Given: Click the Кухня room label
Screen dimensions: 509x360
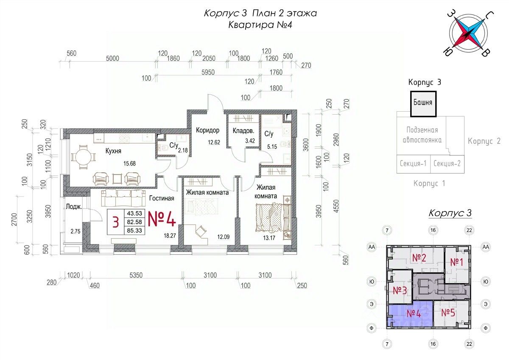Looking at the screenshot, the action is point(113,151).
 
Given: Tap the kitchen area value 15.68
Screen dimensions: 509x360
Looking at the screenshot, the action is point(129,163).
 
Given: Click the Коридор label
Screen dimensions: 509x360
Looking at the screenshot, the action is point(208,130).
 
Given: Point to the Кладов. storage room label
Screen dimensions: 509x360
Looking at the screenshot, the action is point(243,131).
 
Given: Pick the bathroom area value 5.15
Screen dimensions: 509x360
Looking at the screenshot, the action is point(272,147).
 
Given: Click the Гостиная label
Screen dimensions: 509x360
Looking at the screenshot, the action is point(162,198).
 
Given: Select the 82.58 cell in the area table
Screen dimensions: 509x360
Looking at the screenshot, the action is point(134,222).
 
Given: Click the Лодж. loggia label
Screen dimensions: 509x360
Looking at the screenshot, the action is point(74,207).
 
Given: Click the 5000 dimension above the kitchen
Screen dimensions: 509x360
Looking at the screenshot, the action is point(112,59).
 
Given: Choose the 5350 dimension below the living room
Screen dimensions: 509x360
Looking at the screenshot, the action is point(136,275).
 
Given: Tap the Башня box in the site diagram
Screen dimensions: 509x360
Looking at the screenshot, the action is point(423,104).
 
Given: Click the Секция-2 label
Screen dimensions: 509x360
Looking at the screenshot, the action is point(447,163).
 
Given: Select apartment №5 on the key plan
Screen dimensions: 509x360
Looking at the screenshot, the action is point(448,313).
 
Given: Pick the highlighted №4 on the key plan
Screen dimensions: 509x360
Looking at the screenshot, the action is point(414,314).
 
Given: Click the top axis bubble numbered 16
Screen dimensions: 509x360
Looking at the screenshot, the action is point(433,230).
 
